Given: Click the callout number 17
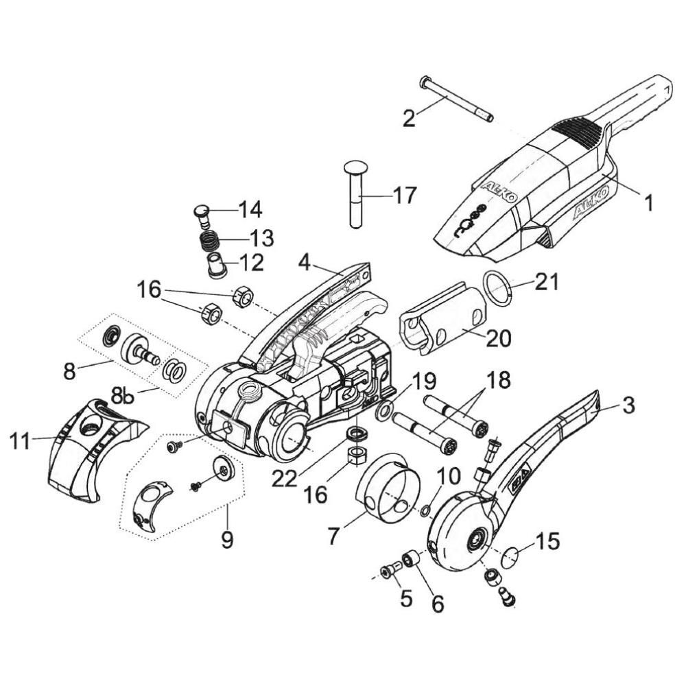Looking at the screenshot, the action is pos(405,196).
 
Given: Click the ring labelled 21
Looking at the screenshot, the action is pos(497,289).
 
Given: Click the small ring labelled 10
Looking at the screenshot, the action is pos(424,510).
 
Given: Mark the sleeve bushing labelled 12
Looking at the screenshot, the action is pos(214,264).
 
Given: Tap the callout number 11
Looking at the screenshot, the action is pos(20,440).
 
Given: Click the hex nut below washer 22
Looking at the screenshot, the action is pos(357,457).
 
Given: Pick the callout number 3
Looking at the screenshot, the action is pos(628,406).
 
